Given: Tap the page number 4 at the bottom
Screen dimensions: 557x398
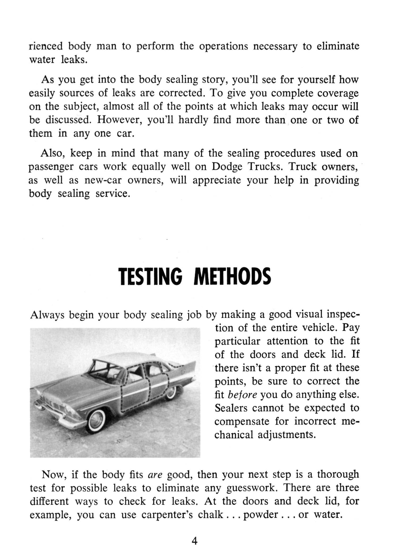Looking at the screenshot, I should (x=194, y=541).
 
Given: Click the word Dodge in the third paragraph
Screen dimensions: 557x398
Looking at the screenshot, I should (x=227, y=167).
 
